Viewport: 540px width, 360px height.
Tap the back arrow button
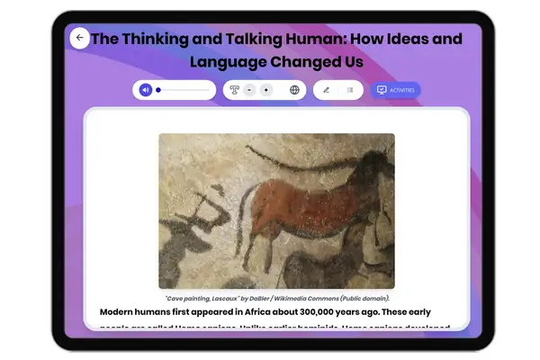(x=79, y=38)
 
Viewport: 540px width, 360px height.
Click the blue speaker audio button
(x=146, y=90)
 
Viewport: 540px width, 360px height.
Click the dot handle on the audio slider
(x=158, y=90)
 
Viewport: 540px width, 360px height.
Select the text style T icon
(x=234, y=90)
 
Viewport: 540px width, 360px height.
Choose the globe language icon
(x=294, y=90)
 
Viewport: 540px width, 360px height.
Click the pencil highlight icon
(x=326, y=90)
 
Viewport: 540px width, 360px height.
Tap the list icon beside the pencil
(x=350, y=90)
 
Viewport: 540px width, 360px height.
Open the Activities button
(x=395, y=90)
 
